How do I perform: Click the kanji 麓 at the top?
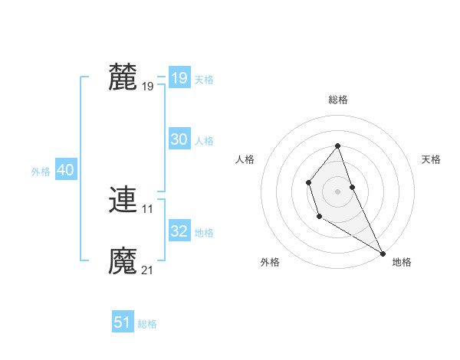click(123, 77)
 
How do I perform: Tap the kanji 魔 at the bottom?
click(123, 261)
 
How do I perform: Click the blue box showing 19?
click(179, 78)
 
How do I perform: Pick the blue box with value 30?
click(179, 139)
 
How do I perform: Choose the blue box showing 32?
click(179, 231)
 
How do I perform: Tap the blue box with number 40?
click(65, 170)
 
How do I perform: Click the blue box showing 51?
click(123, 322)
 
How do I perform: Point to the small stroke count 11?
click(148, 208)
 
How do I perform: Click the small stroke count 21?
click(148, 270)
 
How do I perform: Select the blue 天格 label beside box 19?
click(204, 80)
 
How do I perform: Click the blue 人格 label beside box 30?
click(204, 141)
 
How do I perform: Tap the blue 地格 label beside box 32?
click(204, 233)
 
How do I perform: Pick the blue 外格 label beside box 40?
click(41, 172)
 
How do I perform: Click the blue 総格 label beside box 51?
click(147, 324)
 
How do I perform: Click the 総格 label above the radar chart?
click(337, 100)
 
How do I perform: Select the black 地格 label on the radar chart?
click(402, 262)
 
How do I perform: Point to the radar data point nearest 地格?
click(383, 253)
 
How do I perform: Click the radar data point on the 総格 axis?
click(337, 146)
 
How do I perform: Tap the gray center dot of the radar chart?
click(337, 191)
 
